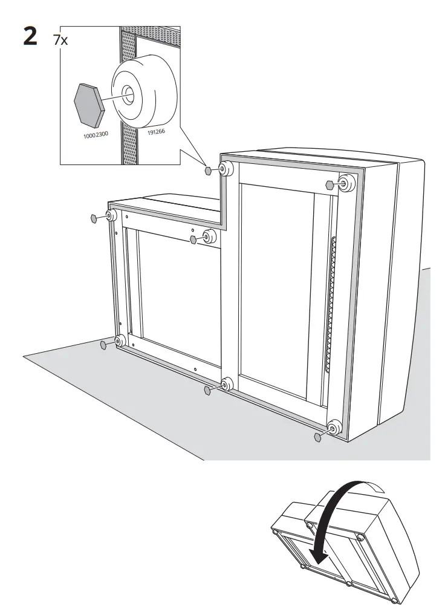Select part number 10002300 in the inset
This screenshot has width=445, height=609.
pyautogui.click(x=95, y=134)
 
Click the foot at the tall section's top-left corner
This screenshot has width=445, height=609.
pyautogui.click(x=226, y=169)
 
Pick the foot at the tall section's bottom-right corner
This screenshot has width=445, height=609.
pyautogui.click(x=333, y=429)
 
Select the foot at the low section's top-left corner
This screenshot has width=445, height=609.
pyautogui.click(x=111, y=216)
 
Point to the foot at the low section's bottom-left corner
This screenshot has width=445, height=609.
pyautogui.click(x=119, y=341)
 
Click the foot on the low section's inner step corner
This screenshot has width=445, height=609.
pyautogui.click(x=209, y=236)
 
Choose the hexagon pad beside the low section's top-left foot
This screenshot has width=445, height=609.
pyautogui.click(x=94, y=218)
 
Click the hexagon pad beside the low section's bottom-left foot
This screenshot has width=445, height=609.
pyautogui.click(x=103, y=345)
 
